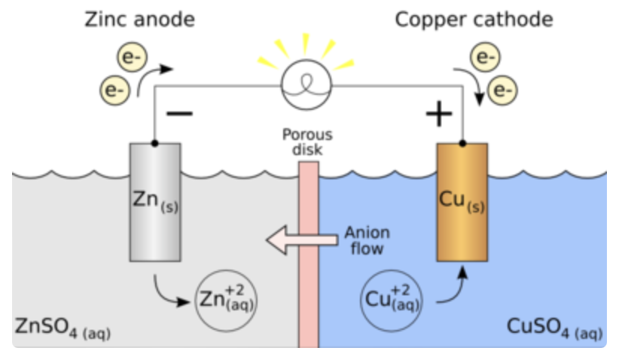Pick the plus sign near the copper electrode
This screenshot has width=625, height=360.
(438, 114)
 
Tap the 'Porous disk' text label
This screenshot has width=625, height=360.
(307, 142)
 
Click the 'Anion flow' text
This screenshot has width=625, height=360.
(367, 240)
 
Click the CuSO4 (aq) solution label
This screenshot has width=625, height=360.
(554, 329)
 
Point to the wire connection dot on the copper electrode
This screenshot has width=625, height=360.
(462, 142)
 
